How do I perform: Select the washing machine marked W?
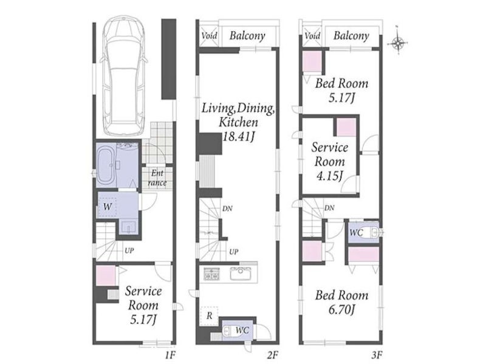[107, 206]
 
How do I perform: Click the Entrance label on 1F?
[157, 178]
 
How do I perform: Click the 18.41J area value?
[238, 136]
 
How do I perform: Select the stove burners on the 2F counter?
[211, 274]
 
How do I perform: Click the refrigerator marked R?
[209, 315]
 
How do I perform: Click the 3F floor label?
[376, 355]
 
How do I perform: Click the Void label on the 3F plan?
[312, 36]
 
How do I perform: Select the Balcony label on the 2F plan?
[247, 36]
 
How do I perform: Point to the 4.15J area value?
[329, 176]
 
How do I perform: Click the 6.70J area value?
[341, 309]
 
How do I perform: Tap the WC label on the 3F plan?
[356, 232]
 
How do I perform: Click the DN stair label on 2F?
[227, 208]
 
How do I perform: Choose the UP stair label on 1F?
[129, 251]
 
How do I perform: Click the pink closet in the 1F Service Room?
[106, 275]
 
